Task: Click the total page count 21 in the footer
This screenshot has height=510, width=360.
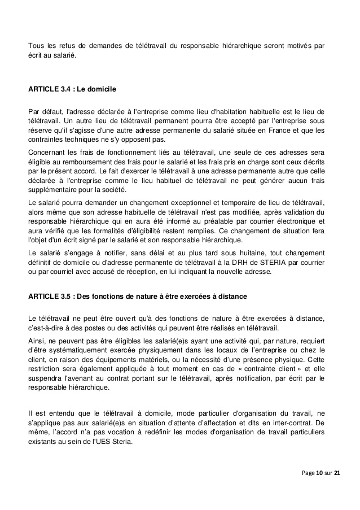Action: pyautogui.click(x=337, y=472)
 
